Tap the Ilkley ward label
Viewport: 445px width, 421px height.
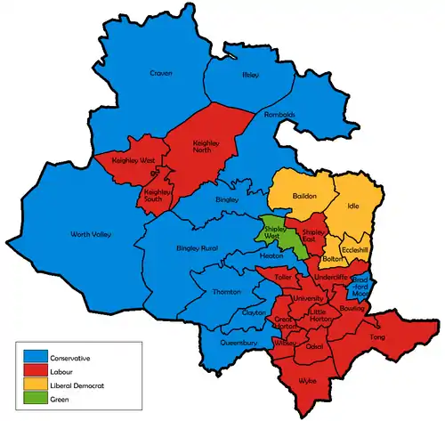[x=250, y=76]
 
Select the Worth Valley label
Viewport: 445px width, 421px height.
[x=91, y=235]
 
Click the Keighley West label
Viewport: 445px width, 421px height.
[x=132, y=160]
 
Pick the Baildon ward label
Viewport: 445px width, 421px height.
[x=304, y=195]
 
